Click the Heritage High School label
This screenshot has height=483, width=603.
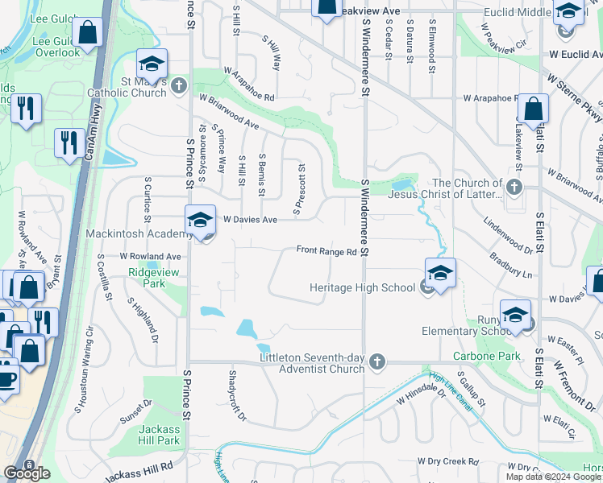pyautogui.click(x=363, y=287)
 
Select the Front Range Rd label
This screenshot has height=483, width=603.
pyautogui.click(x=326, y=251)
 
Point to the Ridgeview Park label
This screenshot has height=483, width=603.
pyautogui.click(x=146, y=278)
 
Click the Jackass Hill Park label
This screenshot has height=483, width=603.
pyautogui.click(x=158, y=435)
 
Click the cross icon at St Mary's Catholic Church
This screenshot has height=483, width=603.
pyautogui.click(x=178, y=84)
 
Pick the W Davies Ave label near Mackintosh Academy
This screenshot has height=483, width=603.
pyautogui.click(x=250, y=219)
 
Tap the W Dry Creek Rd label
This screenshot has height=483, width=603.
pyautogui.click(x=447, y=461)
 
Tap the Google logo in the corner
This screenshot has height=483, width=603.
pyautogui.click(x=27, y=473)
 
